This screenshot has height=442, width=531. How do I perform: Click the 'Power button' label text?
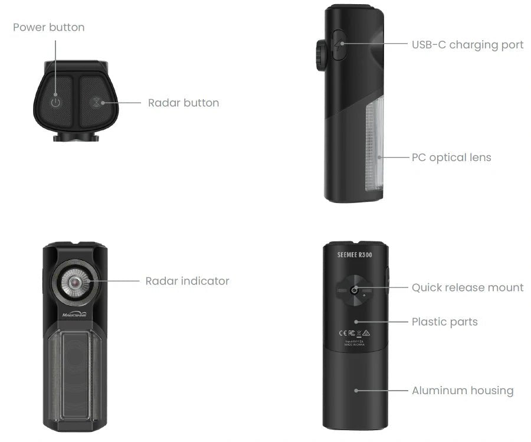48,27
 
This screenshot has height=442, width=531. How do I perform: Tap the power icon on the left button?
55,102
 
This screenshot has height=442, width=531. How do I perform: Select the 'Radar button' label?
183,103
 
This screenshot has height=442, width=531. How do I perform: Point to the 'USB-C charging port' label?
467,45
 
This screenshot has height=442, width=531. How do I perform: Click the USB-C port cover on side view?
339,45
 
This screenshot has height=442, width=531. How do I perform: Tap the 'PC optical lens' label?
451,158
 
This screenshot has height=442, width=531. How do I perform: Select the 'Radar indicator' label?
187,281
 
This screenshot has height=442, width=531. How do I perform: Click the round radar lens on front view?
74,283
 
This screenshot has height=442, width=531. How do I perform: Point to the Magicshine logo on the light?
74,315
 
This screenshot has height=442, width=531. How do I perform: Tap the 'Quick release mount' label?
467,287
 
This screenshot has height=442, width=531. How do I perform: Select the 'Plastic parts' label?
444,322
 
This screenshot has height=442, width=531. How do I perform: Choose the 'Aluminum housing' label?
463,390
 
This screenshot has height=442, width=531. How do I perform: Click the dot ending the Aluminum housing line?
356,390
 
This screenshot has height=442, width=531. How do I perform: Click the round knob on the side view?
321,55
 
